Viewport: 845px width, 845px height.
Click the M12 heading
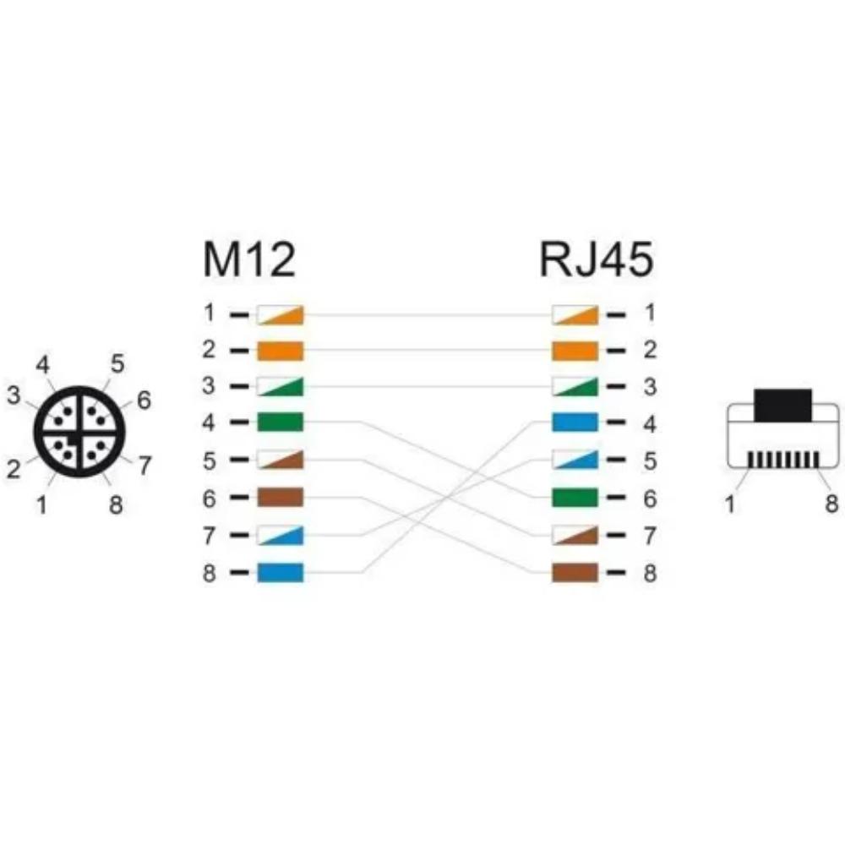(249, 259)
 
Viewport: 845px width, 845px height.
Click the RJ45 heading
(596, 259)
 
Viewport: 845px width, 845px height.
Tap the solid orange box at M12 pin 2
(281, 351)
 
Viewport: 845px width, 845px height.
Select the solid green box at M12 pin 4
(281, 422)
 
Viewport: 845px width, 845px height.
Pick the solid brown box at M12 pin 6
(281, 497)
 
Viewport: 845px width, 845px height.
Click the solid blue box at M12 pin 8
(281, 572)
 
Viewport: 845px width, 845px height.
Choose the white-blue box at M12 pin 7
(281, 535)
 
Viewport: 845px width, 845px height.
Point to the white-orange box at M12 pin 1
(281, 314)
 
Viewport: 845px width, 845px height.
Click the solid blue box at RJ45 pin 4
(575, 422)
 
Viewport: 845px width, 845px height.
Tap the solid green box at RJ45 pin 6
(575, 497)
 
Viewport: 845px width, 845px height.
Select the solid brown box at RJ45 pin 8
(575, 572)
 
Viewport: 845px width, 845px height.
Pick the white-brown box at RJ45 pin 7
(575, 535)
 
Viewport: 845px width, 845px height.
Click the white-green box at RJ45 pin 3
(575, 387)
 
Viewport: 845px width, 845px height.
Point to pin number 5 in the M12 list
(209, 461)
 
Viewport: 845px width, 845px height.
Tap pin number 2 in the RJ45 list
(650, 351)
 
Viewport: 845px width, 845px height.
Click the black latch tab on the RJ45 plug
(782, 406)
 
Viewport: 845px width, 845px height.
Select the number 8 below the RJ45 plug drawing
(831, 504)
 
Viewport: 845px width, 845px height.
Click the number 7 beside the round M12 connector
(144, 466)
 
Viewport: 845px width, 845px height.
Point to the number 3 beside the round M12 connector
(14, 395)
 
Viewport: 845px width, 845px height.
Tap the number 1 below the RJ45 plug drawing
(730, 504)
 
